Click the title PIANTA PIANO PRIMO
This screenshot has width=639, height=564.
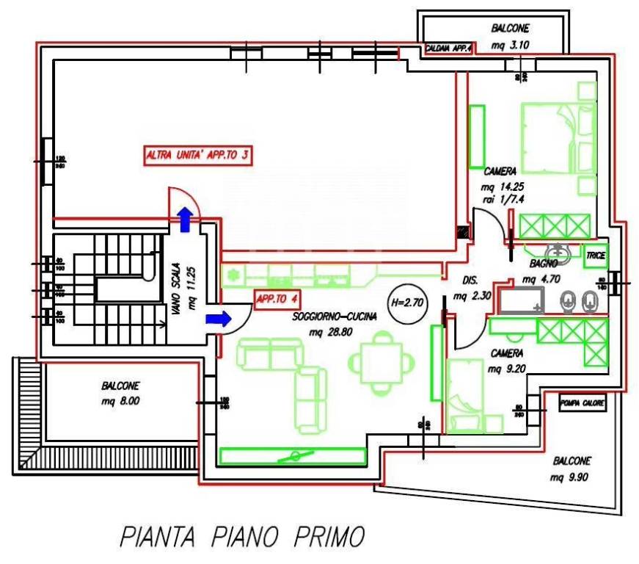click(242, 536)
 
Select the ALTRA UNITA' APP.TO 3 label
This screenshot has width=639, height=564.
click(197, 156)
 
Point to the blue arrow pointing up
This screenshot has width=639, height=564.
click(185, 219)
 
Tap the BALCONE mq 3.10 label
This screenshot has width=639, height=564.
click(510, 36)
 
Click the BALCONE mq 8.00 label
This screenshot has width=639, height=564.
click(121, 393)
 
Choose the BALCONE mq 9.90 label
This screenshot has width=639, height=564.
click(572, 469)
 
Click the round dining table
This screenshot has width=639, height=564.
click(380, 361)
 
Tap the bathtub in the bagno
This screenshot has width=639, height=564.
click(520, 300)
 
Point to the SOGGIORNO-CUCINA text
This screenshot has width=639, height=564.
click(335, 317)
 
